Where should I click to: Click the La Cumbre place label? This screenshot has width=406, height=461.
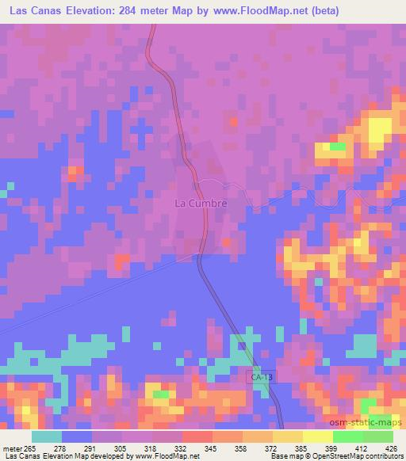(x=201, y=203)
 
